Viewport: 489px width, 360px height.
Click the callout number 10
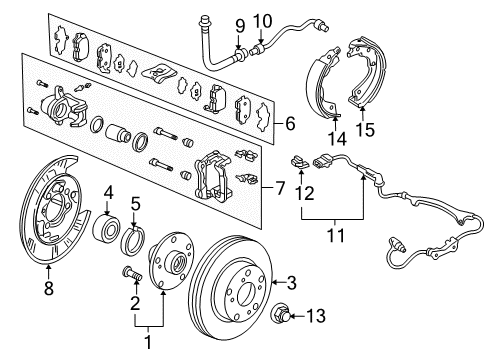263,20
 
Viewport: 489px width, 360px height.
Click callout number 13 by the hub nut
318,319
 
